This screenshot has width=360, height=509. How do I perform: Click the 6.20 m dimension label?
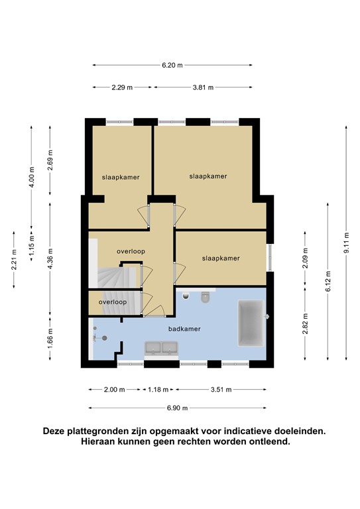coord(172,65)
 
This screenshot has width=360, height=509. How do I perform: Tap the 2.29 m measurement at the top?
coord(122,87)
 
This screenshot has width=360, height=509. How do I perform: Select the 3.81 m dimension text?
coord(203,87)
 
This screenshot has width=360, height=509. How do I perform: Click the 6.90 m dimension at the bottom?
coord(177,408)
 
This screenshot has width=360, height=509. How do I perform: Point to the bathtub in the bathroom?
coord(250,323)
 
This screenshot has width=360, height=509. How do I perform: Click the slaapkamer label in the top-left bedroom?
coord(117,178)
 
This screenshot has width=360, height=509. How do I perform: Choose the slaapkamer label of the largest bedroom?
coord(208,176)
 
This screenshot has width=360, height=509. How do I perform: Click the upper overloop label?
coord(131,251)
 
